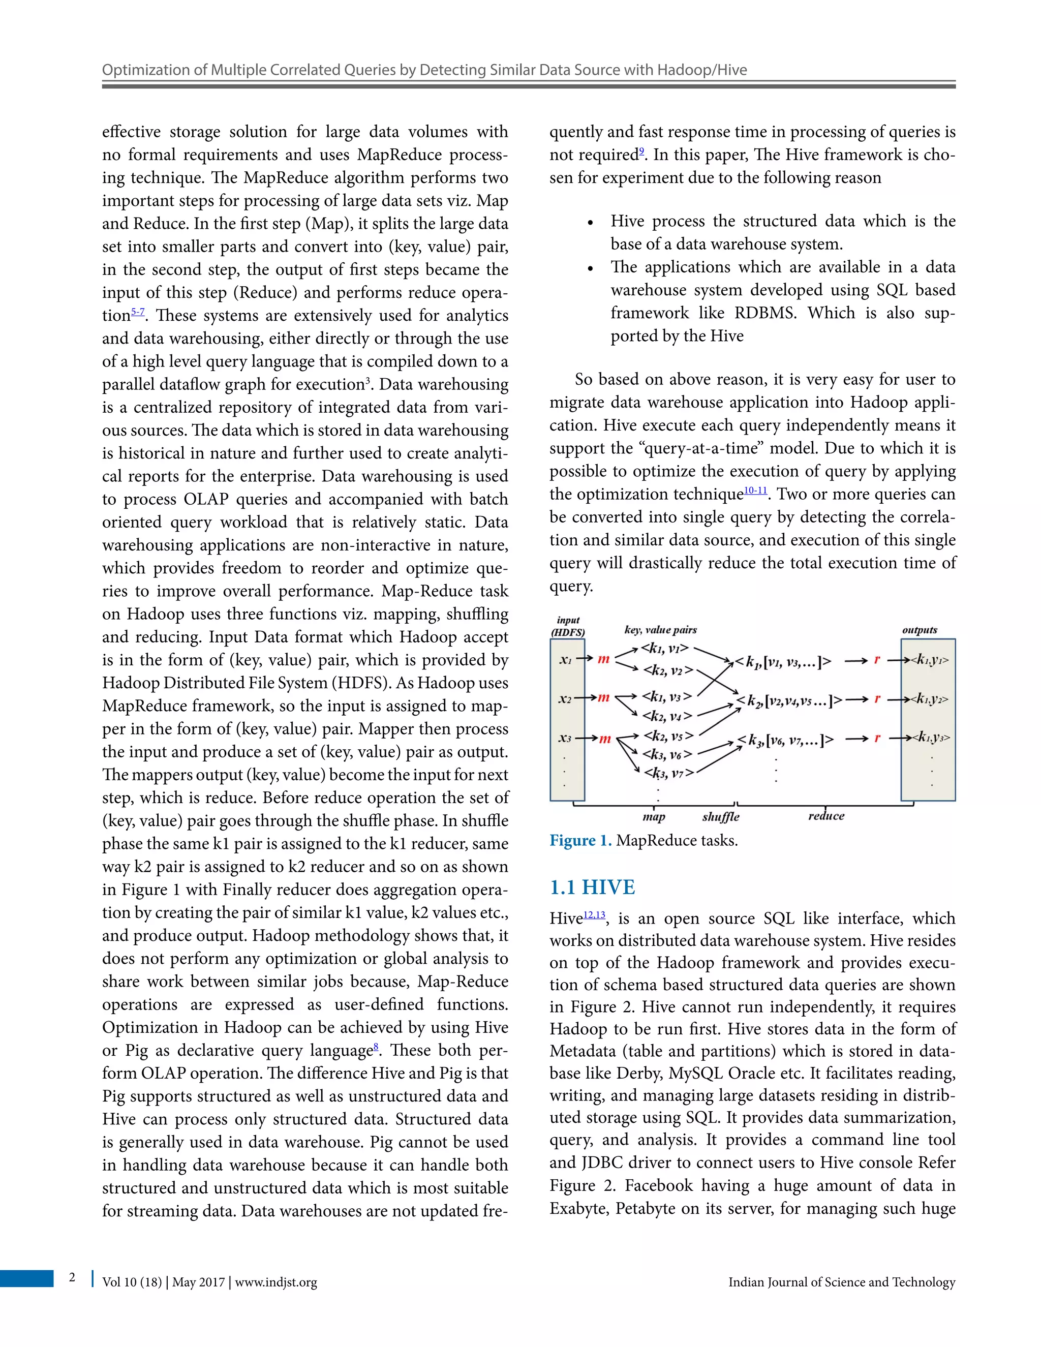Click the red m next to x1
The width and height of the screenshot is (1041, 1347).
click(x=603, y=659)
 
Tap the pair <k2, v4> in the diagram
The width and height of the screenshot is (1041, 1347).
click(x=667, y=716)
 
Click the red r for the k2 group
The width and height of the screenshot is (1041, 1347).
click(x=876, y=699)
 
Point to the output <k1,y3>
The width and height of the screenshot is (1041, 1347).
click(x=931, y=737)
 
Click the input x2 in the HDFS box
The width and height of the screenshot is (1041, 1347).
click(x=565, y=699)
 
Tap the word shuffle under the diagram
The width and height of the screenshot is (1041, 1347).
click(x=720, y=817)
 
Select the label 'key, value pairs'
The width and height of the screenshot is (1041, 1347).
click(x=660, y=630)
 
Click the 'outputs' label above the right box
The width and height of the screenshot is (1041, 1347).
click(x=920, y=630)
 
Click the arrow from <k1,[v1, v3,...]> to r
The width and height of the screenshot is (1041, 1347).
click(x=856, y=661)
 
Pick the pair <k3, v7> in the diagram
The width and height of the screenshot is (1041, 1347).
click(x=668, y=773)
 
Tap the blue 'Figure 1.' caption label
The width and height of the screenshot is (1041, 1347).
click(x=580, y=841)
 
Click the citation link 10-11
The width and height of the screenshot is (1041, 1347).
click(x=755, y=491)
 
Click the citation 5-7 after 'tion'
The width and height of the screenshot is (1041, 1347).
click(x=138, y=312)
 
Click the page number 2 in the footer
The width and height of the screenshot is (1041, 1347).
click(x=72, y=1277)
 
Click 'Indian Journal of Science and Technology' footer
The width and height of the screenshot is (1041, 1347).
click(x=841, y=1282)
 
